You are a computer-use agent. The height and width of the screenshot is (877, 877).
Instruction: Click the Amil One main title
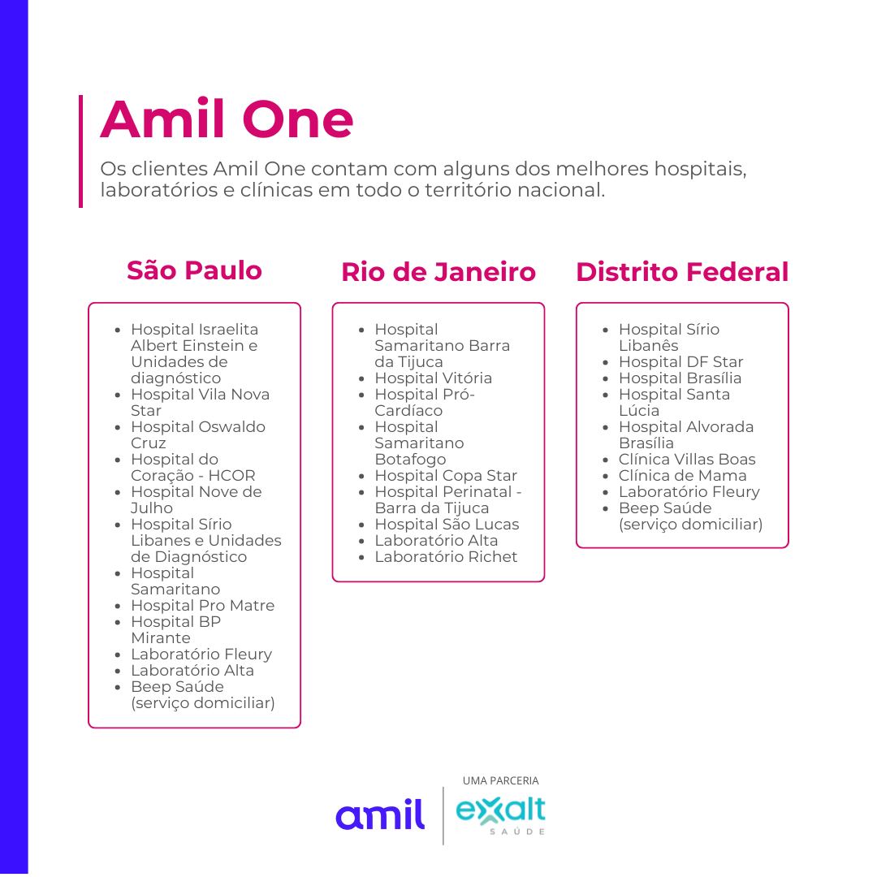(227, 119)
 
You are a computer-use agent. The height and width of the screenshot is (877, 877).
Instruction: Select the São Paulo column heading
(194, 270)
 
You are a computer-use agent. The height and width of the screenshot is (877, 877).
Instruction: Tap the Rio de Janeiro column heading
(438, 272)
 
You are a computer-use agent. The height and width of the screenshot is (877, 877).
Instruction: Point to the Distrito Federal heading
(682, 272)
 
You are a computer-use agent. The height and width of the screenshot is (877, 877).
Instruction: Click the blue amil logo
(380, 814)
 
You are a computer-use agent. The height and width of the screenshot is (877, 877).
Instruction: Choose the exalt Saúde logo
(500, 815)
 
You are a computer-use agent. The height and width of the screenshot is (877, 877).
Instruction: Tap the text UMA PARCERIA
(500, 781)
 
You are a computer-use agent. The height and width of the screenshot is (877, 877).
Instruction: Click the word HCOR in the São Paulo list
(231, 475)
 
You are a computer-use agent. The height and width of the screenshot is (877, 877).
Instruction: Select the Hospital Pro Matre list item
(202, 605)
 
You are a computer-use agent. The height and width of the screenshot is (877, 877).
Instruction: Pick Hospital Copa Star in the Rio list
(446, 475)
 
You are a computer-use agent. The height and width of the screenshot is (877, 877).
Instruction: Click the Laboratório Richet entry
(446, 556)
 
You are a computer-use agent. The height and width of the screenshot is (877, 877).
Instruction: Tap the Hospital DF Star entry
(680, 362)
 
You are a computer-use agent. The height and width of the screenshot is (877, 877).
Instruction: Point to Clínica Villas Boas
(687, 459)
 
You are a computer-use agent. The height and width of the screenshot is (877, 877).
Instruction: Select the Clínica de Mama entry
(682, 475)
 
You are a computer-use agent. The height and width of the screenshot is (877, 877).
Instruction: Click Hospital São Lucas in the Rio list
(447, 524)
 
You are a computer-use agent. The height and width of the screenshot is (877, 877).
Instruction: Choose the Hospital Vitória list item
(434, 378)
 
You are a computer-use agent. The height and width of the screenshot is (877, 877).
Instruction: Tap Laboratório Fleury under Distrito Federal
(689, 491)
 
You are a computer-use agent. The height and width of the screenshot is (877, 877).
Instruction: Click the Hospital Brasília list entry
(680, 378)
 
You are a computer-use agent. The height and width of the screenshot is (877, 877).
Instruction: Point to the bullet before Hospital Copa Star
(361, 477)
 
